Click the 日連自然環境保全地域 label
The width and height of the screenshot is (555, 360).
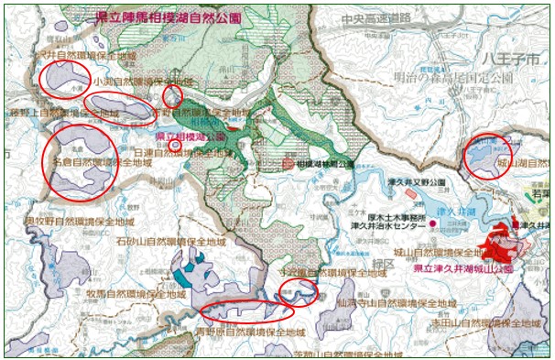pos(184,153)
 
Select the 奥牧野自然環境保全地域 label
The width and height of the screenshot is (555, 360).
pos(74,221)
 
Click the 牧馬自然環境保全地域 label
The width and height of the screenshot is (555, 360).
pos(145,293)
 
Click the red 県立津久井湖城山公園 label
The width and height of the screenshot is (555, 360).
pos(457,269)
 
